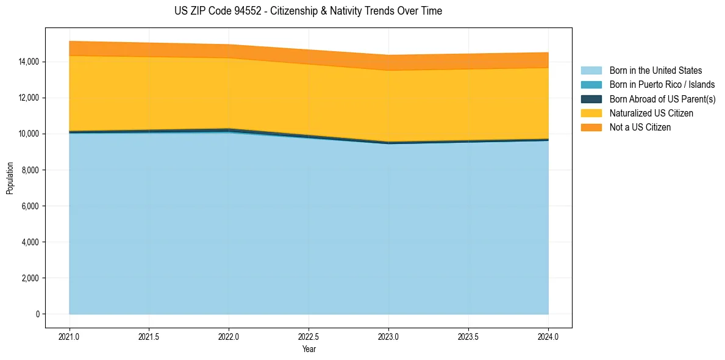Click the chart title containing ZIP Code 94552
tap(308, 11)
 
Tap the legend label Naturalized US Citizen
tap(651, 113)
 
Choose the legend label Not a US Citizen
tap(640, 128)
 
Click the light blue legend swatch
tap(591, 71)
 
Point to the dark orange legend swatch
tap(591, 128)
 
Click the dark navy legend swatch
tap(591, 99)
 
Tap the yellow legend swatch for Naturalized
tap(591, 113)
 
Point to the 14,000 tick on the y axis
tap(29, 62)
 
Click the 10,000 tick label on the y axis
tap(29, 134)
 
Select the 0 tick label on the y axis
tap(37, 314)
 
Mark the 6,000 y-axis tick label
tap(30, 206)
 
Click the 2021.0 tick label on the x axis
tap(70, 336)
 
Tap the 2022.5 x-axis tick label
tap(309, 336)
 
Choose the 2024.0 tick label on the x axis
tap(548, 336)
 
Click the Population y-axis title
tap(10, 178)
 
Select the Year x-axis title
tap(309, 350)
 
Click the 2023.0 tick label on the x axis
tap(388, 336)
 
